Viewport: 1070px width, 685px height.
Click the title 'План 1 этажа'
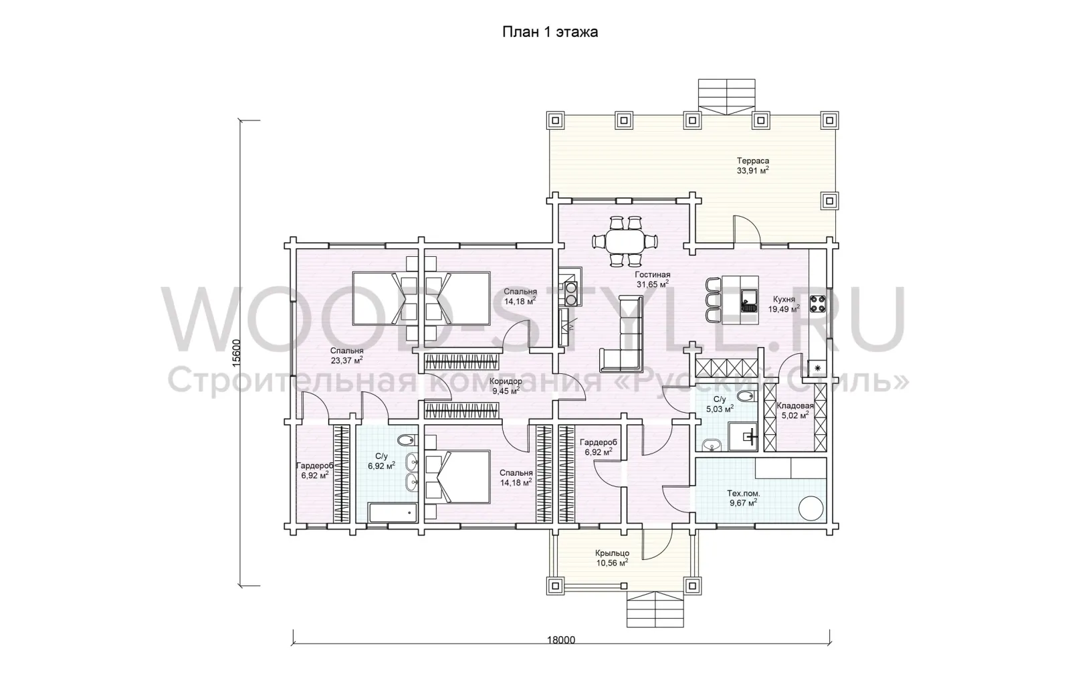[550, 32]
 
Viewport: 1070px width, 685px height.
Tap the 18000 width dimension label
[561, 640]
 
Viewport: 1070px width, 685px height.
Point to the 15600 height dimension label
[237, 353]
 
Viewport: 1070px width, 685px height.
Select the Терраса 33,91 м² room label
[753, 165]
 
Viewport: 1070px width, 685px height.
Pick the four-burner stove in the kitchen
[818, 304]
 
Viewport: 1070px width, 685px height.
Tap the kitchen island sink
[749, 300]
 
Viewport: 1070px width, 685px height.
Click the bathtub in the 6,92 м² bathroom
[393, 512]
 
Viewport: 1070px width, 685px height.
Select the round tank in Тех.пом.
[811, 508]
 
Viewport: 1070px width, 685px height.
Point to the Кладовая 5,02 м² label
[794, 410]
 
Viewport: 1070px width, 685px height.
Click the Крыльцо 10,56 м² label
[612, 558]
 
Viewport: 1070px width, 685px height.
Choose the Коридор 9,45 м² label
[506, 386]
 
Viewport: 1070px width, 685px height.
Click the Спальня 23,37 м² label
[347, 355]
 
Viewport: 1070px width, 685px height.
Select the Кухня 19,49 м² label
[784, 304]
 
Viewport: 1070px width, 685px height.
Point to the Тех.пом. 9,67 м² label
[743, 498]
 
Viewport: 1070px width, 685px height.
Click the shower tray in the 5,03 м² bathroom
[743, 436]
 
